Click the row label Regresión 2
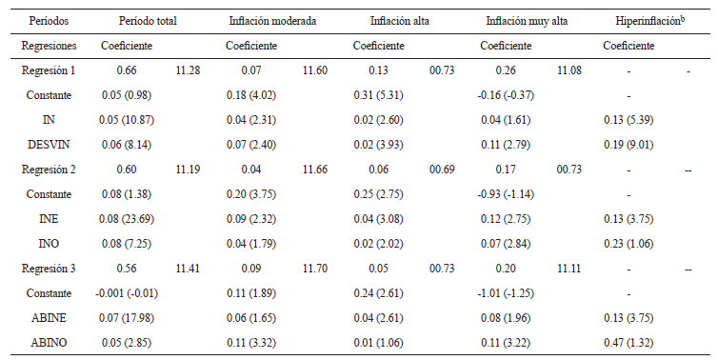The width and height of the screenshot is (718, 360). click(48, 169)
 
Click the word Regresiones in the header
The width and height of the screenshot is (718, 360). click(48, 46)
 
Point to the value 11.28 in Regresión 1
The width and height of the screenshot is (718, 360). click(188, 70)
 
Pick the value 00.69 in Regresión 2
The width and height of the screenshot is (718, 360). click(442, 169)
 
